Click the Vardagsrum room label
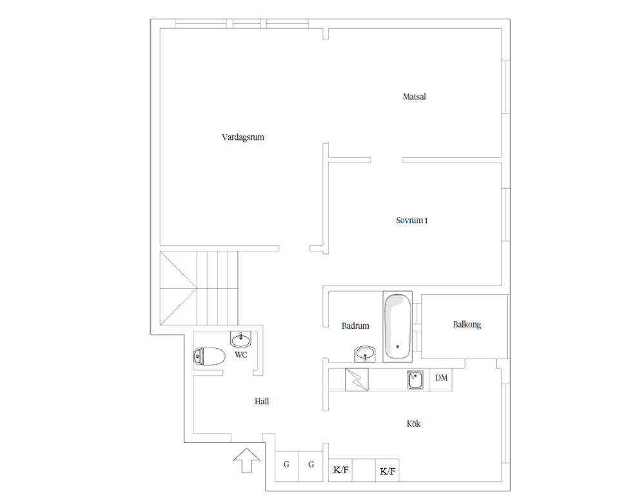[243, 137]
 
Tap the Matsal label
[414, 97]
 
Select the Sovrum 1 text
[412, 220]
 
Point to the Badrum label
[355, 326]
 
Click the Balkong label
[467, 324]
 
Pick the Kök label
[413, 424]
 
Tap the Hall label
[262, 402]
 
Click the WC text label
[241, 355]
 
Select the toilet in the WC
[209, 357]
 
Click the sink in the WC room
[241, 339]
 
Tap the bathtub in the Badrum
[398, 327]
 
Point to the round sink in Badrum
[365, 354]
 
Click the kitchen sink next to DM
[415, 380]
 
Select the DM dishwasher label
[441, 378]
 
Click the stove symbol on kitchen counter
[357, 380]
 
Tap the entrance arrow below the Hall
[247, 460]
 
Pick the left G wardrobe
[286, 466]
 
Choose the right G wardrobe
[311, 466]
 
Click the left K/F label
[340, 470]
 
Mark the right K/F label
[388, 471]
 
